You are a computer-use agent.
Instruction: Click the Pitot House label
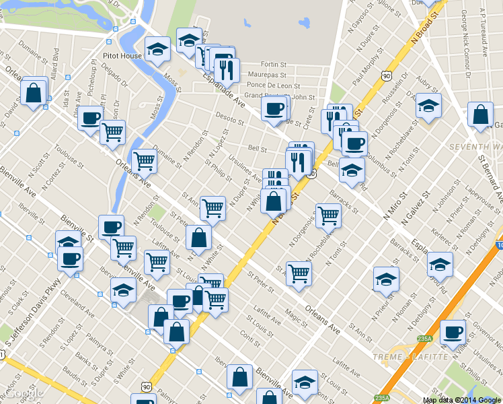click(122, 56)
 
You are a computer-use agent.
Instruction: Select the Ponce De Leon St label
click(273, 86)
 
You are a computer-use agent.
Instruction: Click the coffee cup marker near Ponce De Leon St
click(274, 108)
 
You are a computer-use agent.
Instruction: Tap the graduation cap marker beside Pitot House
click(157, 48)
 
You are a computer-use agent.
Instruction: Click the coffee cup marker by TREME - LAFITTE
click(453, 331)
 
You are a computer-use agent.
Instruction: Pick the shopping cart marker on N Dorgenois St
click(328, 215)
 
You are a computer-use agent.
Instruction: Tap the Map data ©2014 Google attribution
click(462, 400)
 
